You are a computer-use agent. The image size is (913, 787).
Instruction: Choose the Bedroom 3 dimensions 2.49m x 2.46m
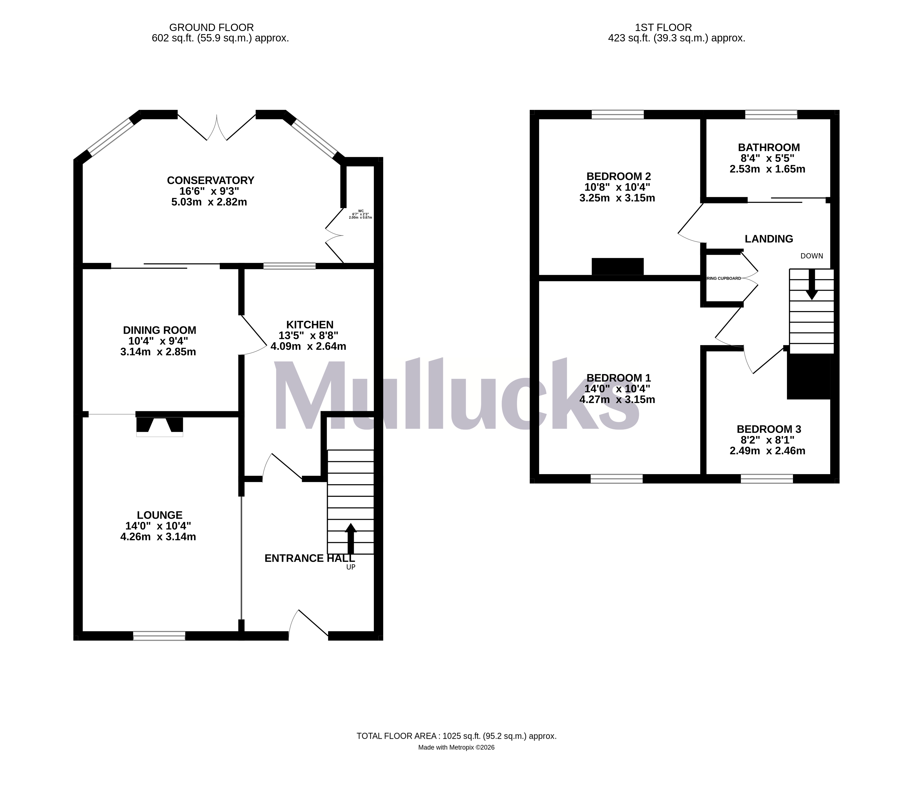pyautogui.click(x=767, y=451)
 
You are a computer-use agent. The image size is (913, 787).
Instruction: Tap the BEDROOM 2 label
pyautogui.click(x=618, y=176)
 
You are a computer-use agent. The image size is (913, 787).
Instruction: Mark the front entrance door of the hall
pyautogui.click(x=308, y=625)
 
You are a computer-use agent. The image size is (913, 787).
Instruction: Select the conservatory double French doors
pyautogui.click(x=216, y=128)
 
